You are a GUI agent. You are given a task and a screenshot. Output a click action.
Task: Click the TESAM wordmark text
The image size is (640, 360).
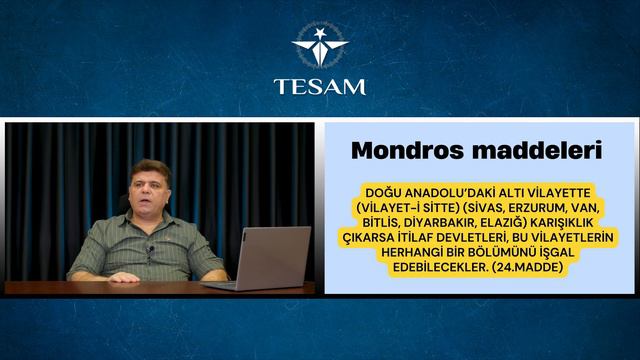(320, 85)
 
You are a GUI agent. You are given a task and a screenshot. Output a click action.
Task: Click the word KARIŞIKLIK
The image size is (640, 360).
(575, 222)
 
